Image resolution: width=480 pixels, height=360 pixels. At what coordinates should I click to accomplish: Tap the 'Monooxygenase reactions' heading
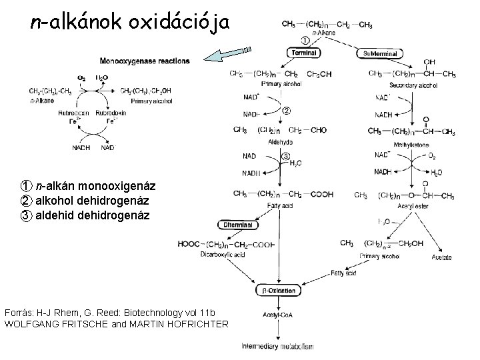[144, 61]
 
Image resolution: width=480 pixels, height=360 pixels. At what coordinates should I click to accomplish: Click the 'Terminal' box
[304, 52]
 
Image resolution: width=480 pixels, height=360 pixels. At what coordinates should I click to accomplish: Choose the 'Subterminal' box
[380, 53]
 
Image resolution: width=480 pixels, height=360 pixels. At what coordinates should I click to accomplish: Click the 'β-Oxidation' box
[276, 290]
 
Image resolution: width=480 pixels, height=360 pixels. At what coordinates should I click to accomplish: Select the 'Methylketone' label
[411, 144]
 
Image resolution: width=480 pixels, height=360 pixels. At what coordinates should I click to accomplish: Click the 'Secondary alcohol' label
[413, 85]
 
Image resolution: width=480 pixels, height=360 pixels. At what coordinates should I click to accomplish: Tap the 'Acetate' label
[441, 257]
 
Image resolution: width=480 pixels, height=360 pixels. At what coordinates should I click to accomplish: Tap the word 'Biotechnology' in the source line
[138, 313]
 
